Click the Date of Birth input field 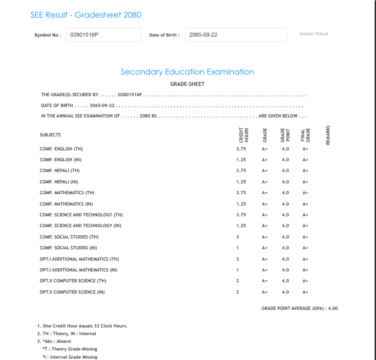pos(236,35)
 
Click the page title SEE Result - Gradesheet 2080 pos(86,15)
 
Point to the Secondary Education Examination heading pos(187,72)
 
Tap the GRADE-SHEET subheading pos(187,84)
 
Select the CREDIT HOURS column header pos(244,135)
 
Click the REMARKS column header pos(328,135)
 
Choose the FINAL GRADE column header pos(305,135)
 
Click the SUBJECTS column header pos(50,135)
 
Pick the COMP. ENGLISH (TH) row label pos(61,149)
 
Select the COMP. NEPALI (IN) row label pos(59,182)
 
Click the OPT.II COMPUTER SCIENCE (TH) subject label pos(73,281)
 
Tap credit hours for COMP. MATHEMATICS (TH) pos(241,193)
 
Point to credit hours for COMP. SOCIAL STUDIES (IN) pos(238,248)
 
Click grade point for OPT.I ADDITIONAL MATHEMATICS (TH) pos(285,259)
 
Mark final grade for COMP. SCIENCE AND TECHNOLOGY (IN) pos(305,226)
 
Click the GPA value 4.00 pos(333,309)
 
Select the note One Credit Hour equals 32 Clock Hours pos(82,326)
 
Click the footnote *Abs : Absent pos(54,341)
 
